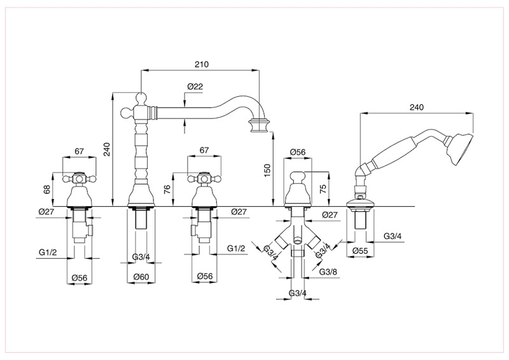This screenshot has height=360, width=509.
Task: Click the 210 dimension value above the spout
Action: pyautogui.click(x=202, y=66)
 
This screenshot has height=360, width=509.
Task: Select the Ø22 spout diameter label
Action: pyautogui.click(x=195, y=87)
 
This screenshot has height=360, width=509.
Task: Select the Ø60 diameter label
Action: pyautogui.click(x=141, y=277)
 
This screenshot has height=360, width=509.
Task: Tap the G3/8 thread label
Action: pyautogui.click(x=328, y=272)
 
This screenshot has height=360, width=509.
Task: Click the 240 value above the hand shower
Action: pyautogui.click(x=417, y=107)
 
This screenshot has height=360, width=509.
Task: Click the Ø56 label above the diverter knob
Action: pyautogui.click(x=298, y=151)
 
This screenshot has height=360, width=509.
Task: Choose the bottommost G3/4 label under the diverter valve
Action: pyautogui.click(x=297, y=293)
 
